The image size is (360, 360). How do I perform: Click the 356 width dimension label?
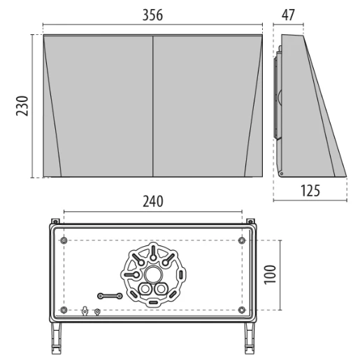(153, 15)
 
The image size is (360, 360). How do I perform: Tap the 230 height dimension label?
(22, 106)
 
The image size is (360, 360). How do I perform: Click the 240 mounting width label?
(153, 201)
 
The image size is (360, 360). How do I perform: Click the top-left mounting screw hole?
(64, 241)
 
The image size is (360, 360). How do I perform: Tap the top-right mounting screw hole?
(242, 241)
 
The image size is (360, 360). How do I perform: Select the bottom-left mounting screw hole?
(64, 309)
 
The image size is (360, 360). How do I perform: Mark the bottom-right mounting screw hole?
(242, 309)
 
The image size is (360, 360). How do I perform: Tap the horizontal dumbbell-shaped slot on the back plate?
(110, 296)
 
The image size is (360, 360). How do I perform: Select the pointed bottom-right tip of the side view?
(345, 175)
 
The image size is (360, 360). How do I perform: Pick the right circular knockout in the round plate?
(161, 289)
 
